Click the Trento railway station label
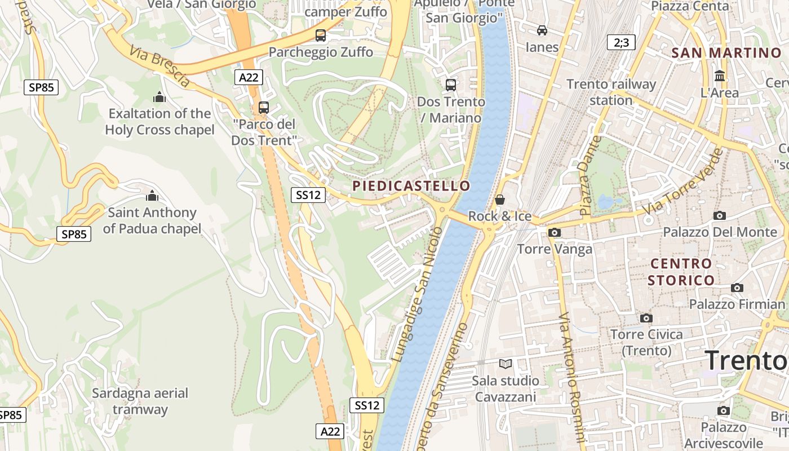click(x=611, y=92)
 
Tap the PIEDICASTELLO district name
click(x=411, y=185)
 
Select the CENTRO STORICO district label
click(x=681, y=272)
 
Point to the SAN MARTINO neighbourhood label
click(x=726, y=53)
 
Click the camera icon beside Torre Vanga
click(x=555, y=232)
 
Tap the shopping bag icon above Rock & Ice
click(x=499, y=200)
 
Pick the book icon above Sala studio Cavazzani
click(x=506, y=364)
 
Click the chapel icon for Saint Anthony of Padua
click(x=152, y=196)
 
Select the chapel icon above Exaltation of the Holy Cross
click(x=159, y=97)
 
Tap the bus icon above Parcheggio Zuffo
click(x=321, y=35)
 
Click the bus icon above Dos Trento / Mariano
click(x=450, y=85)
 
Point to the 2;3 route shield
click(x=621, y=42)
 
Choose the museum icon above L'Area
click(x=720, y=76)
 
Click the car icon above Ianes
click(x=542, y=30)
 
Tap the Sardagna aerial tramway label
click(x=140, y=401)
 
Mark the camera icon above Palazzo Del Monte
click(x=719, y=215)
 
